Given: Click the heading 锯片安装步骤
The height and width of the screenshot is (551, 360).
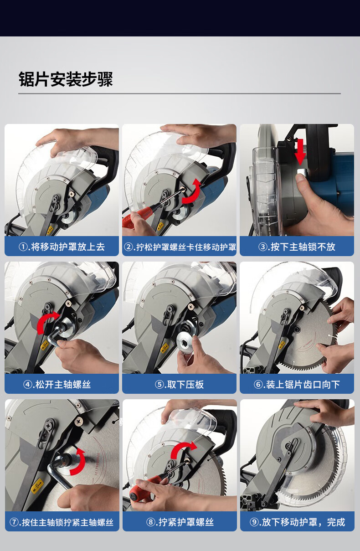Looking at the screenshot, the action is tap(66, 79).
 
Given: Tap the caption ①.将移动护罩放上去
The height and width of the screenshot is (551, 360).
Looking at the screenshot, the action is tap(62, 247).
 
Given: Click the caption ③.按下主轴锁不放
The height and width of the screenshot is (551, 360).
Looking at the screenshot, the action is tap(297, 247).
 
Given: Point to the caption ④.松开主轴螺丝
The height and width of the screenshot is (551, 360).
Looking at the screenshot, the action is tap(57, 384).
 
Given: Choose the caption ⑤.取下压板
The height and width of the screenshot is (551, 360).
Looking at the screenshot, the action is tap(179, 384).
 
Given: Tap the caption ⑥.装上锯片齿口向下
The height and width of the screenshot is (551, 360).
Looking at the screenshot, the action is tap(297, 384).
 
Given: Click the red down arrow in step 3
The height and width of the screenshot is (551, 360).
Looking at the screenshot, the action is tap(300, 152).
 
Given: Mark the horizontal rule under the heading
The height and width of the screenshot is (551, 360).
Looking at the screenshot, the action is tap(180, 93).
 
